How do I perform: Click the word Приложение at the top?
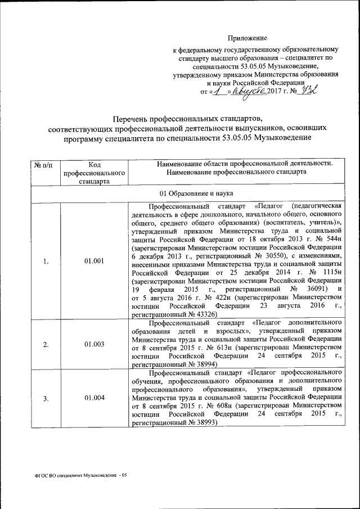(x=247, y=38)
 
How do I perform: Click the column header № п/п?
(x=44, y=164)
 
